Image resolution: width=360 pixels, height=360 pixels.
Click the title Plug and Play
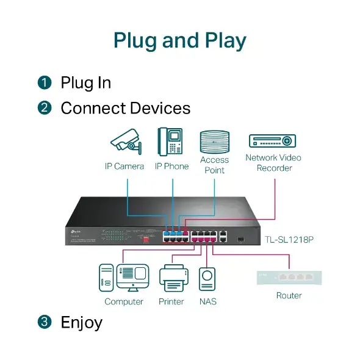point(180,40)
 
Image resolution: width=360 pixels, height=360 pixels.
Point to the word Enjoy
point(81,322)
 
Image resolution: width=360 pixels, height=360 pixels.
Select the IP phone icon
point(171,141)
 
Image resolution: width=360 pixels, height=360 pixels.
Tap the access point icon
point(214,141)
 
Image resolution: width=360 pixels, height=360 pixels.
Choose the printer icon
point(171,279)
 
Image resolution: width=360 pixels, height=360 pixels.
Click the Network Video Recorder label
point(273,162)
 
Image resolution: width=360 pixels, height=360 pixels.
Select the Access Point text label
point(214,165)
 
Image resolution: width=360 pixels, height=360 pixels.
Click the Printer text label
point(171,301)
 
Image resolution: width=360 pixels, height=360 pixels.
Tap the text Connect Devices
point(125,109)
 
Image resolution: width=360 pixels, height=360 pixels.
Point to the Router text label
point(289,295)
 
